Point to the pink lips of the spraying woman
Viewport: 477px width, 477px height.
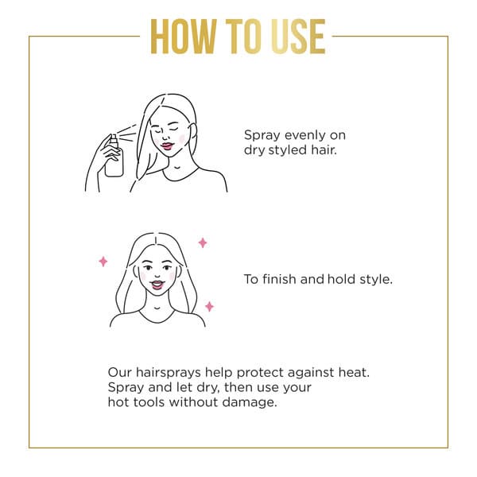pos(167,146)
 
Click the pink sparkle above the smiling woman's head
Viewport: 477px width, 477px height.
pos(203,242)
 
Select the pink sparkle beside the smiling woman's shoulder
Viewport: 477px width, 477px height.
pos(209,306)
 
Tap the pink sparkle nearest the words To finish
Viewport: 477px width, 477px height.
pos(209,306)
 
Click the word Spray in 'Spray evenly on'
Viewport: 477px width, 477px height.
pos(262,136)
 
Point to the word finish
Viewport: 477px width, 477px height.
pos(279,279)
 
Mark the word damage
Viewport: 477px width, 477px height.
pos(249,403)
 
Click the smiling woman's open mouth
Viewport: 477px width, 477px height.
pos(157,285)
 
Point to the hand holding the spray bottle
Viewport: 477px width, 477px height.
pos(108,152)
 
